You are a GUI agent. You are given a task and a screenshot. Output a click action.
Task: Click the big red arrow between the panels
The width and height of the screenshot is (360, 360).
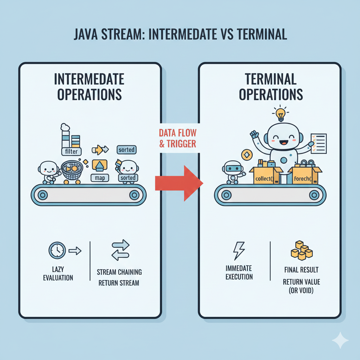point(181,183)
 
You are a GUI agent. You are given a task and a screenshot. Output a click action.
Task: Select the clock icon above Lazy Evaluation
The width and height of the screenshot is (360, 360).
point(56,250)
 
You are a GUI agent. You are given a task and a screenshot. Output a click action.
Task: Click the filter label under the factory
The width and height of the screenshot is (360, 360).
point(71,152)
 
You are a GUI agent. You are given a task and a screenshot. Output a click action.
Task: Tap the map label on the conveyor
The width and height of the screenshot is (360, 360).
point(100,178)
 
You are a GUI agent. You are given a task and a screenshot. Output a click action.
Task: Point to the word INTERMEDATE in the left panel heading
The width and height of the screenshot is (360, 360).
point(89,79)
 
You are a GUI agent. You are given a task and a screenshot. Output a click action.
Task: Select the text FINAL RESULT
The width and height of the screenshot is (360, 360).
point(302,270)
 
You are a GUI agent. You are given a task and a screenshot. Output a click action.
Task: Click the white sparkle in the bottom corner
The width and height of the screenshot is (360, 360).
point(340,340)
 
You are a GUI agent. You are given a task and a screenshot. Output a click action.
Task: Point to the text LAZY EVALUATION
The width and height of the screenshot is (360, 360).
point(58,274)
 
